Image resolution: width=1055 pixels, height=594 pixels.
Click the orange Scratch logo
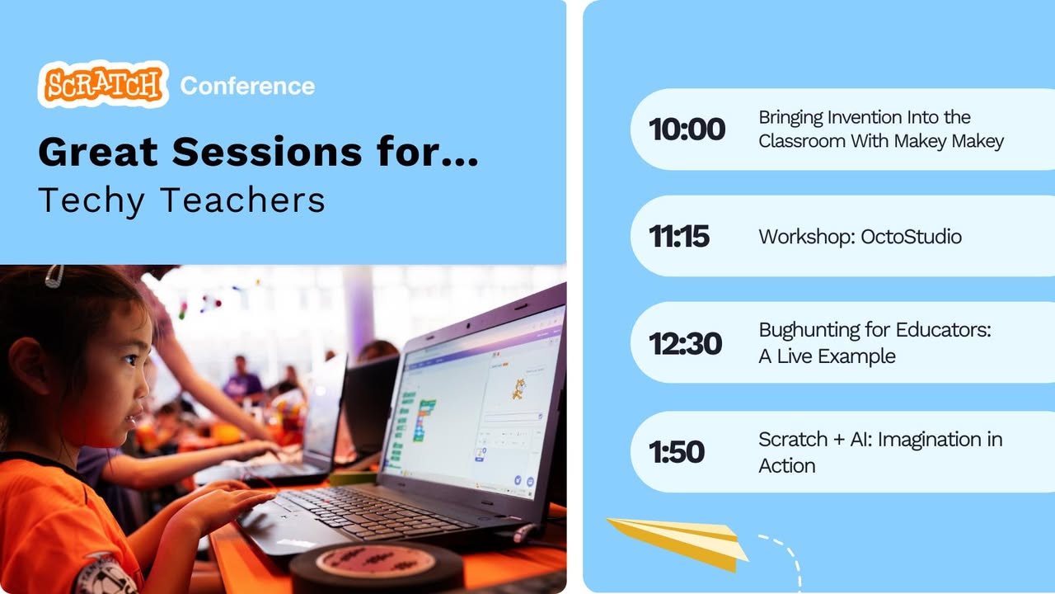pos(103,84)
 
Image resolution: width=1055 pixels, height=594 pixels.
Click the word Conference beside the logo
pos(247,86)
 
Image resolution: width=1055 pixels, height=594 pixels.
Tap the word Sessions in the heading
pos(267,152)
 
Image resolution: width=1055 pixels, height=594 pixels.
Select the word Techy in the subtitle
pos(91,200)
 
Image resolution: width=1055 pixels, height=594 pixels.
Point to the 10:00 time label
pos(687,129)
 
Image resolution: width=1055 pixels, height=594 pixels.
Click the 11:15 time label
pos(678,236)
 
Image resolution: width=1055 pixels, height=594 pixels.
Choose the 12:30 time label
pos(685,342)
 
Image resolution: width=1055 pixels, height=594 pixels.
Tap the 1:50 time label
pos(677,451)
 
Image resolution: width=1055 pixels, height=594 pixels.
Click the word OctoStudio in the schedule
pos(911,237)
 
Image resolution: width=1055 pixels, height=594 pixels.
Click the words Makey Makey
pos(949,141)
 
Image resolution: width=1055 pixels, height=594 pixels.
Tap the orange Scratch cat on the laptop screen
pos(518,389)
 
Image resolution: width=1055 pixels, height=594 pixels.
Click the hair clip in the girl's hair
pos(54,276)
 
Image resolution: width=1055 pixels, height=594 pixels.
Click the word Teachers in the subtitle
pos(243,200)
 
